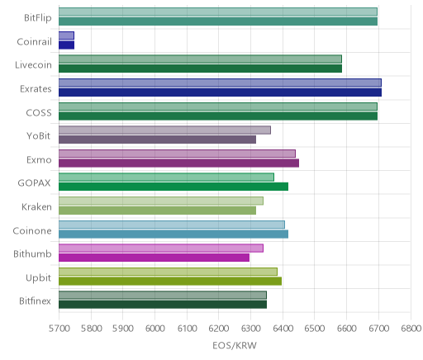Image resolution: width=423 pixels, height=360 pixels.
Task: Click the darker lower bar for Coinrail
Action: coord(66,45)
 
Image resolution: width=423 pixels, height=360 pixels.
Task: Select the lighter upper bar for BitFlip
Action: coord(218,12)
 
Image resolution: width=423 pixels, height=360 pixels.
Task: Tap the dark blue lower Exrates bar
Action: coord(220,92)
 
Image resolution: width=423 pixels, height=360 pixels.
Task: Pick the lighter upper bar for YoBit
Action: coord(164,130)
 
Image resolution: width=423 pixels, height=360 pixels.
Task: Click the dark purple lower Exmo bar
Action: coord(178,163)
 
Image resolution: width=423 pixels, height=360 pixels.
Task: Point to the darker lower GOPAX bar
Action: coord(173,187)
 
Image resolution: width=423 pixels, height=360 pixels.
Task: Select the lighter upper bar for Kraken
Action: coord(161,201)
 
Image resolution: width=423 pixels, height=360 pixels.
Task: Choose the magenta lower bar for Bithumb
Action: coord(154,258)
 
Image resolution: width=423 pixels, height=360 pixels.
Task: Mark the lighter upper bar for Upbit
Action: coord(168,272)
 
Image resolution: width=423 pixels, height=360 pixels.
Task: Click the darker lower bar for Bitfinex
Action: coord(163,305)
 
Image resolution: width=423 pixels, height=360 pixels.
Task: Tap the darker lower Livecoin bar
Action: coord(200,69)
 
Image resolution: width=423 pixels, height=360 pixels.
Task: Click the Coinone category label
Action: coord(32,230)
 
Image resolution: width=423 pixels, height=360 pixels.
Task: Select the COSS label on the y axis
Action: coord(39,112)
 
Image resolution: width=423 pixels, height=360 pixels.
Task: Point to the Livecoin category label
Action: coord(33,65)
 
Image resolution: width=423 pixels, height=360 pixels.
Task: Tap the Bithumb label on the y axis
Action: coord(32,253)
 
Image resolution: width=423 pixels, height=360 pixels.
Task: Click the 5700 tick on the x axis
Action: coord(59,329)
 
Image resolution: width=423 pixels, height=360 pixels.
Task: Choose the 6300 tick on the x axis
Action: coord(250,329)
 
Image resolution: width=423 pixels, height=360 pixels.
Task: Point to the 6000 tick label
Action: coord(154,329)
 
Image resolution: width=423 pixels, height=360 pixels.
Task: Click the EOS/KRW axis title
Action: coord(235,345)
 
